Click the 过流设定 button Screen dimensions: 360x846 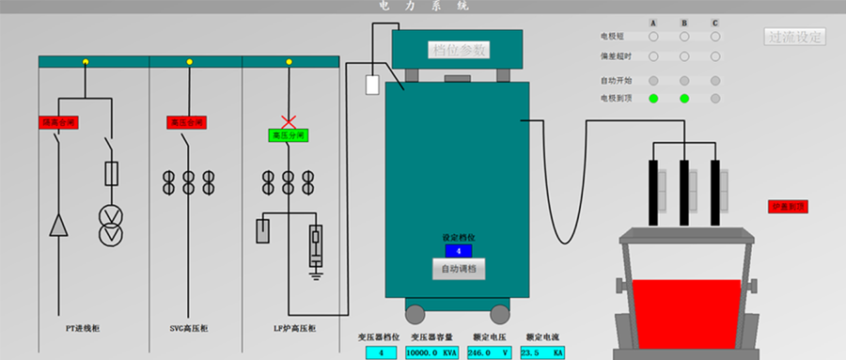point(795,38)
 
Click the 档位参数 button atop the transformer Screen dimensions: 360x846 point(459,50)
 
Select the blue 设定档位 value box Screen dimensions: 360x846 point(458,251)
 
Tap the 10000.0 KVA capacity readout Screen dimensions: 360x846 point(431,352)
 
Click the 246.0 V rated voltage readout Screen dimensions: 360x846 point(489,352)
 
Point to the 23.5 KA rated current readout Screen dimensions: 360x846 point(543,352)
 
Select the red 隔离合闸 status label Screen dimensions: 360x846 point(57,123)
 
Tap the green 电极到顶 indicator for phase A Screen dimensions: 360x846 point(653,98)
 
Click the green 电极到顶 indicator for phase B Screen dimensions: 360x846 point(684,98)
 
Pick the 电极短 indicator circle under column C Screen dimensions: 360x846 point(715,37)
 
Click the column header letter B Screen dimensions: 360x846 point(684,23)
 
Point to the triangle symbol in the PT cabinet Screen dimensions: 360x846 point(59,225)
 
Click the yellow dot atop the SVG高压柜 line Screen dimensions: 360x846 point(189,62)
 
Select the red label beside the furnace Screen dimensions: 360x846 point(789,206)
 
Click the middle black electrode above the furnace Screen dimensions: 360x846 point(684,193)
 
